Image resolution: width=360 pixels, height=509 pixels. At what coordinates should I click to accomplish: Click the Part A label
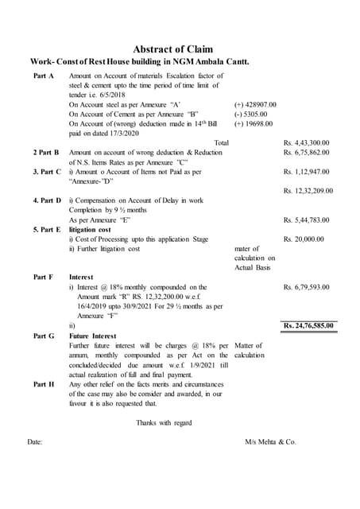[x=44, y=75]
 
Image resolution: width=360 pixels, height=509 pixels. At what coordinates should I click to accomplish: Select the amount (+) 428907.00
[x=255, y=104]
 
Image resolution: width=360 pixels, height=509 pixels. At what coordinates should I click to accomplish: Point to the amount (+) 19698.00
[x=253, y=123]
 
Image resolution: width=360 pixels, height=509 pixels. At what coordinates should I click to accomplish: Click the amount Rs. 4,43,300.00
[x=306, y=142]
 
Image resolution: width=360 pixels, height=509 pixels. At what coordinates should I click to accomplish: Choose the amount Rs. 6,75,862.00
[x=306, y=152]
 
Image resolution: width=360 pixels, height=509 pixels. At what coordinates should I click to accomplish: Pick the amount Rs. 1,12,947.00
[x=306, y=171]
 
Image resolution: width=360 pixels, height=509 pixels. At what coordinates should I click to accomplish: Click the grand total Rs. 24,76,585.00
[x=309, y=325]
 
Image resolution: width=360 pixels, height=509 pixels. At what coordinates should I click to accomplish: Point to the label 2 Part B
[x=46, y=152]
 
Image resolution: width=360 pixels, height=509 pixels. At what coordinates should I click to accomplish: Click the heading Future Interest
[x=97, y=336]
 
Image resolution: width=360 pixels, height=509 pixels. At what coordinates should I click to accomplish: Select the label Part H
[x=44, y=383]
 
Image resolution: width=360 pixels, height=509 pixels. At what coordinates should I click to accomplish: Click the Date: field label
[x=35, y=441]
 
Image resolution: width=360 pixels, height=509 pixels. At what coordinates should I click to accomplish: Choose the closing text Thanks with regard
[x=164, y=422]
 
